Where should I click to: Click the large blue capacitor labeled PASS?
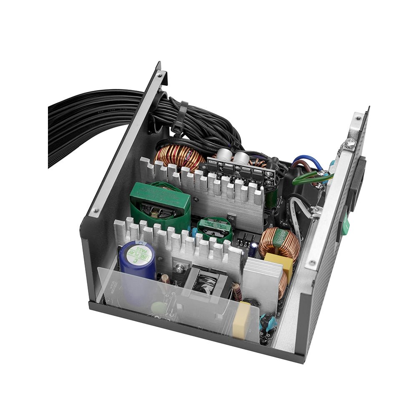coord(137,261)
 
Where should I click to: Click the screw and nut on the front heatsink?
coord(180,269)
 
